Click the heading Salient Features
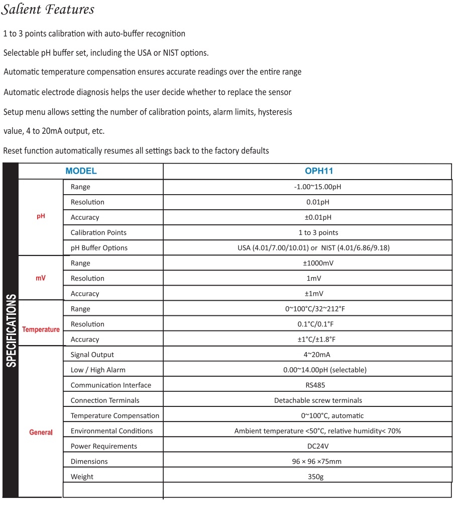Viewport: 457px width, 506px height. [48, 10]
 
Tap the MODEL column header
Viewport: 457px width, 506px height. [81, 171]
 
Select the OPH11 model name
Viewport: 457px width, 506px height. [319, 171]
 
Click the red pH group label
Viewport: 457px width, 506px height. [41, 216]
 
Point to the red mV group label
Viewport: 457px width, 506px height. [41, 278]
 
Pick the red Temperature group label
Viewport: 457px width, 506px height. [41, 329]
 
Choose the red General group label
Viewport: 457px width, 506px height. [41, 432]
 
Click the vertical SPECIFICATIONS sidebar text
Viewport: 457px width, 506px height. [11, 330]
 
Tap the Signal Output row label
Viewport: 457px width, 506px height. [92, 355]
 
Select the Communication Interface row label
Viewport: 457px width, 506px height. [110, 385]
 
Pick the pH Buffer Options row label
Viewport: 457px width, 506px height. [99, 248]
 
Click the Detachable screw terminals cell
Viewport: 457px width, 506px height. [318, 400]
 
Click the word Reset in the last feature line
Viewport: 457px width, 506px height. [13, 151]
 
